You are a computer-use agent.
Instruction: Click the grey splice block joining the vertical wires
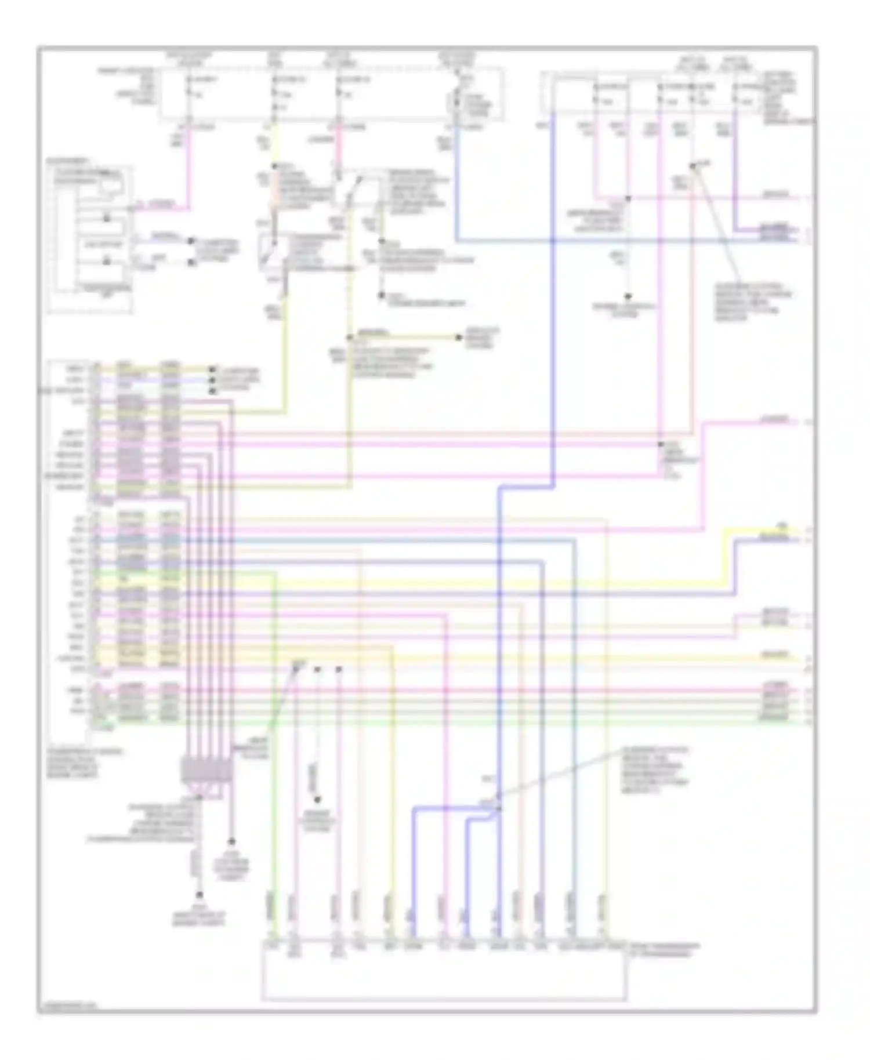pyautogui.click(x=207, y=770)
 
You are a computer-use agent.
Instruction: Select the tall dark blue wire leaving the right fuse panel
pyautogui.click(x=553, y=290)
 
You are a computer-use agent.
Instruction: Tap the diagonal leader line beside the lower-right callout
pyautogui.click(x=557, y=774)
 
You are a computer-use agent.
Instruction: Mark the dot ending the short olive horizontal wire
pyautogui.click(x=459, y=337)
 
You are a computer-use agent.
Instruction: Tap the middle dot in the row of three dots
pyautogui.click(x=317, y=670)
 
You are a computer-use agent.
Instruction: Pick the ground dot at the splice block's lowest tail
pyautogui.click(x=199, y=895)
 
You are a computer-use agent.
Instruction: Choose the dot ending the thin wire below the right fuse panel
pyautogui.click(x=628, y=296)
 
